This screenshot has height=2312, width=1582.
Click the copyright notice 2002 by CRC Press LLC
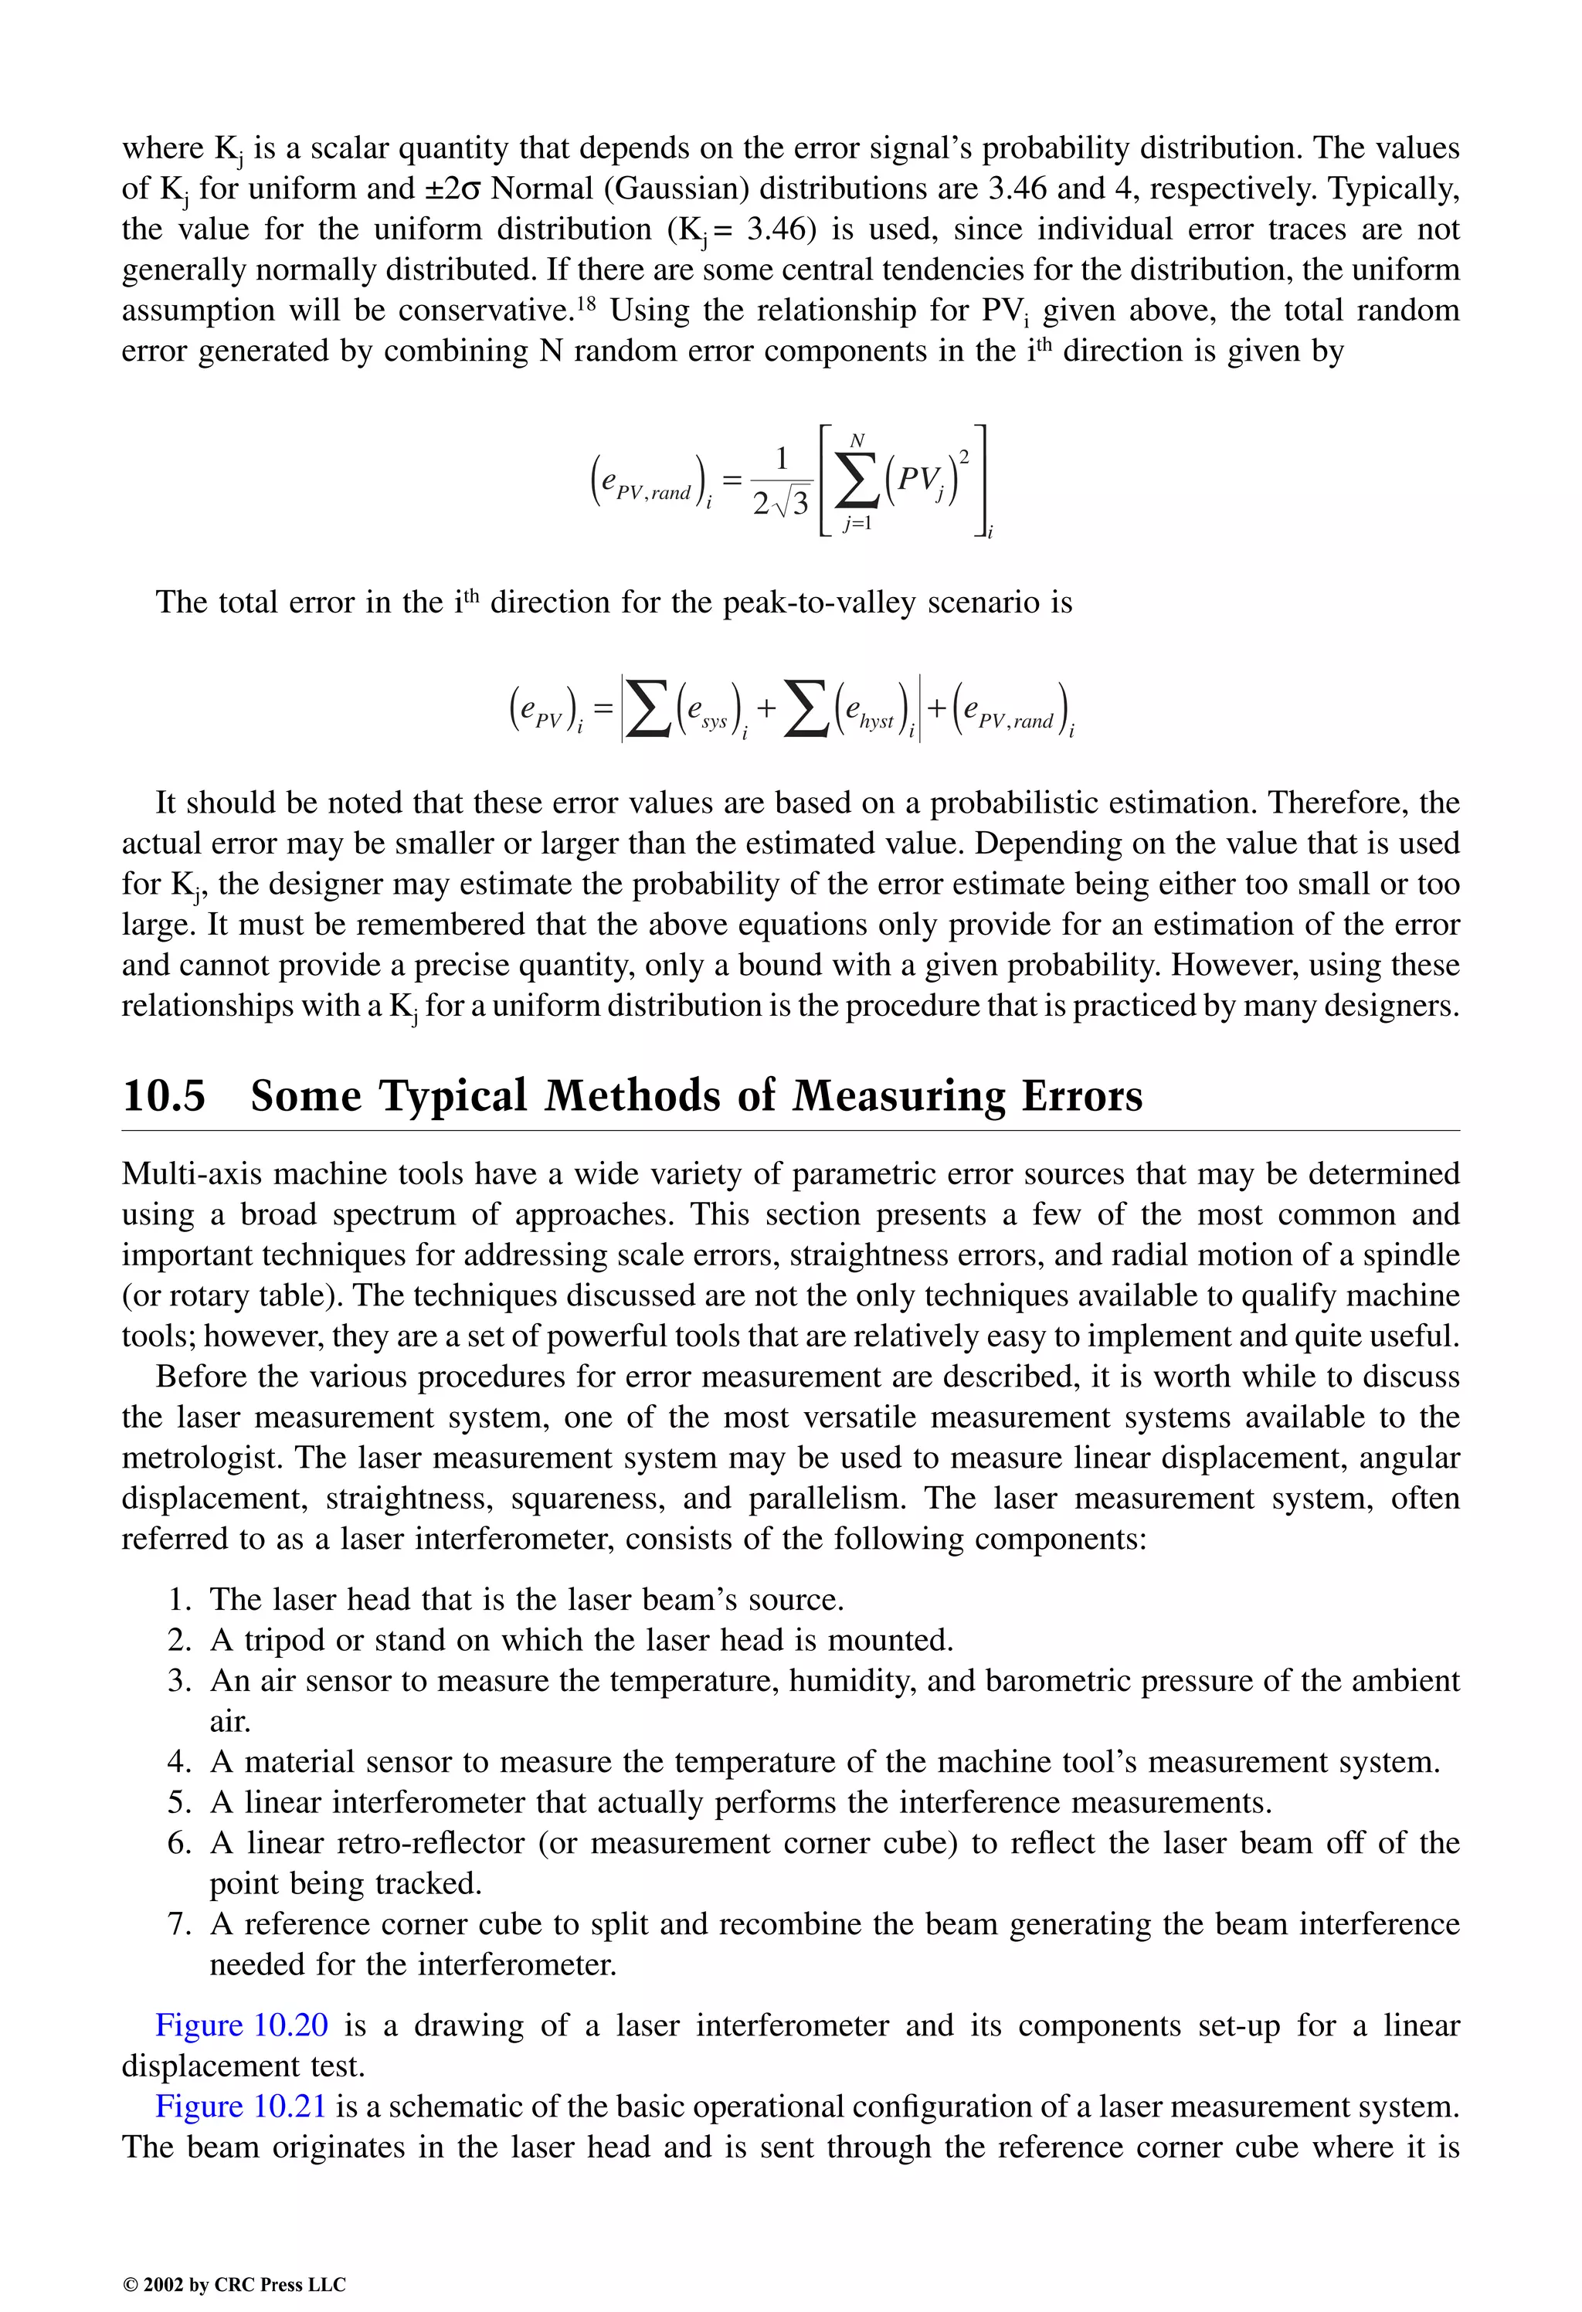pos(234,2284)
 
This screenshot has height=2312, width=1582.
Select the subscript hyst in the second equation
pos(877,722)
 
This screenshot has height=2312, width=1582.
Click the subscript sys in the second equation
pos(715,722)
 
